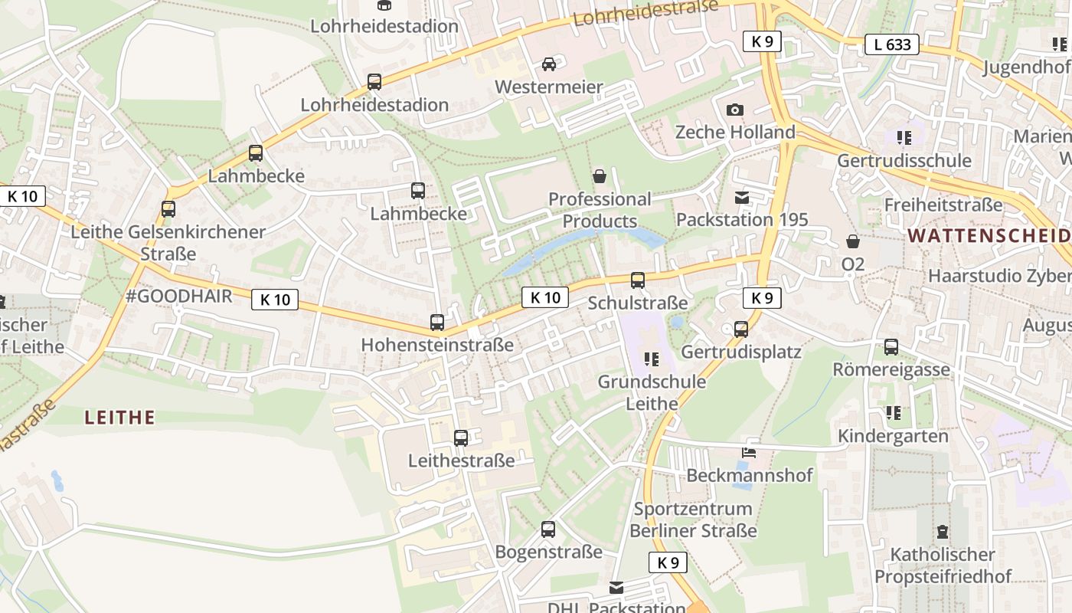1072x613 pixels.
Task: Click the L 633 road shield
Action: pos(893,44)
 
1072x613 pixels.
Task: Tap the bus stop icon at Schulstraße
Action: pos(638,280)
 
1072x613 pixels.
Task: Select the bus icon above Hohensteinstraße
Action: pos(437,323)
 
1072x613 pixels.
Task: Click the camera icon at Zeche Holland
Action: pos(735,110)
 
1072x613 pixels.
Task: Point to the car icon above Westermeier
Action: pos(549,64)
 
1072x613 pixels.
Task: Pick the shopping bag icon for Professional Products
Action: pos(600,177)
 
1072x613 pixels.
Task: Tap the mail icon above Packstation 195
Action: pos(742,198)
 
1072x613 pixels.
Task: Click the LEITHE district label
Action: pos(119,418)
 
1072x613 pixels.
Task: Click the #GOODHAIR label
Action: pos(178,297)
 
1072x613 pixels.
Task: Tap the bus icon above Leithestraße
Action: pos(461,438)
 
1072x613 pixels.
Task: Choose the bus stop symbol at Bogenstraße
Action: pos(548,529)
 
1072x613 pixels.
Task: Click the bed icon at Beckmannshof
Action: pos(749,453)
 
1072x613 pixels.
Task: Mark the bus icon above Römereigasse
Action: pos(891,347)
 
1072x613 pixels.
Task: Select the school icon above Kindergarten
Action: pos(893,414)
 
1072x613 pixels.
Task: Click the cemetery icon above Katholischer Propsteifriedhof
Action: pos(943,532)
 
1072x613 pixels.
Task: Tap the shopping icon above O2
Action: pos(853,242)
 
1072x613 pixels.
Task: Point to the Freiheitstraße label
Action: pos(943,205)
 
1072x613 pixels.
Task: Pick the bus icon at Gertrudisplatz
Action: pos(741,329)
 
